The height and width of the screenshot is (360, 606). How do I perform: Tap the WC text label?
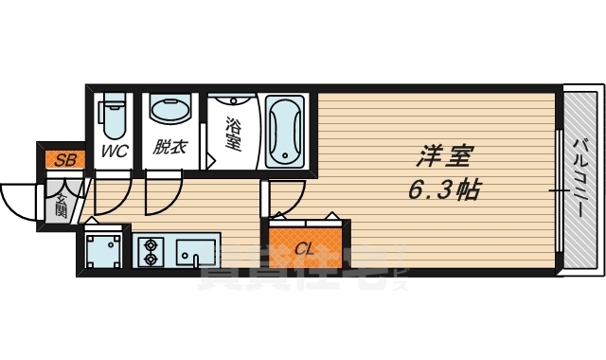[x=115, y=150]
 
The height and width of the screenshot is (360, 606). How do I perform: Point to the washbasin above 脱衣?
[x=169, y=112]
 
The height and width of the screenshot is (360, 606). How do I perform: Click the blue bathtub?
[x=284, y=130]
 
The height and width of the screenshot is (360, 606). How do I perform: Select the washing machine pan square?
[x=102, y=252]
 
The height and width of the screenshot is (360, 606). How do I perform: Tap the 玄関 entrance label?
[x=60, y=204]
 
